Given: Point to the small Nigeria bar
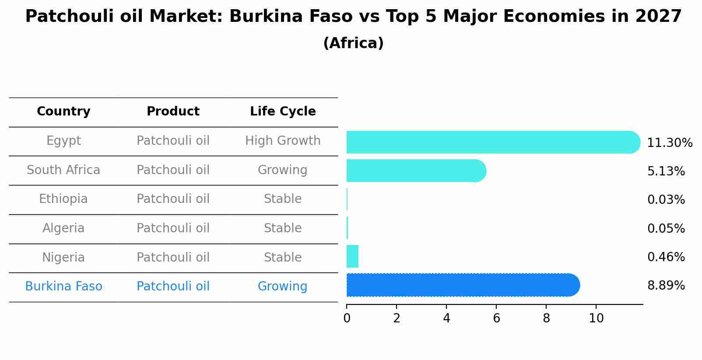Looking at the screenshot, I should (352, 256).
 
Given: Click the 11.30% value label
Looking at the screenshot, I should (669, 143).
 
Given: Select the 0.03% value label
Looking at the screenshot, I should (666, 200).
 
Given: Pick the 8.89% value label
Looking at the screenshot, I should (666, 286).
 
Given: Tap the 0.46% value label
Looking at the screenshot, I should (666, 257).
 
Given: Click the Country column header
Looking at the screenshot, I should (63, 112).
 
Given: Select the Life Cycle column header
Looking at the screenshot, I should (283, 112).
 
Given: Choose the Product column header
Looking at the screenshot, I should (173, 112).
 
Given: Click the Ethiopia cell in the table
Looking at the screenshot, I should (63, 199).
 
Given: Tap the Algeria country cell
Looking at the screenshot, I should (63, 228).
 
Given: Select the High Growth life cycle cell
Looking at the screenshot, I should (283, 141).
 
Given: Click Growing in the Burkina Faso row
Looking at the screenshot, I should (282, 287).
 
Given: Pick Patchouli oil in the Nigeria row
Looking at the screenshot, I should (173, 257).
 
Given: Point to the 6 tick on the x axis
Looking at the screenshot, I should (496, 318).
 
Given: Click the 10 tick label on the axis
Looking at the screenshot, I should (596, 318).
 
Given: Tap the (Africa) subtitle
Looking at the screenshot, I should (353, 43).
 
